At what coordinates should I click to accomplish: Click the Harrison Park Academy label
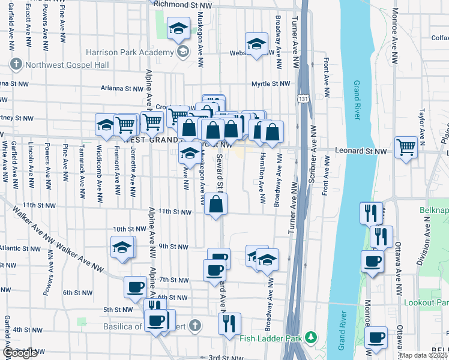tap(131, 52)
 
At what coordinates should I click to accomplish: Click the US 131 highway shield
tap(303, 97)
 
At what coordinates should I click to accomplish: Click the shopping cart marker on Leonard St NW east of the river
tap(406, 147)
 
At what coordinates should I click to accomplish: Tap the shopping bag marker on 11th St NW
tap(216, 205)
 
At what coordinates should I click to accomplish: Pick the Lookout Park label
tap(427, 303)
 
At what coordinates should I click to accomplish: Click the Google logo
tap(20, 353)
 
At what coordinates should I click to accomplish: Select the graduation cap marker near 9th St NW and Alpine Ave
tap(122, 247)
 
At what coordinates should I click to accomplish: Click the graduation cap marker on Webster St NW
tap(256, 44)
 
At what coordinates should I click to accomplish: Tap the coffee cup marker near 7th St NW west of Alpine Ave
tap(135, 287)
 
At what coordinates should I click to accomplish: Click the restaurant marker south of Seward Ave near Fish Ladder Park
tap(229, 324)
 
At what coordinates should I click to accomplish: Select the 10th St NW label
tap(130, 229)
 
